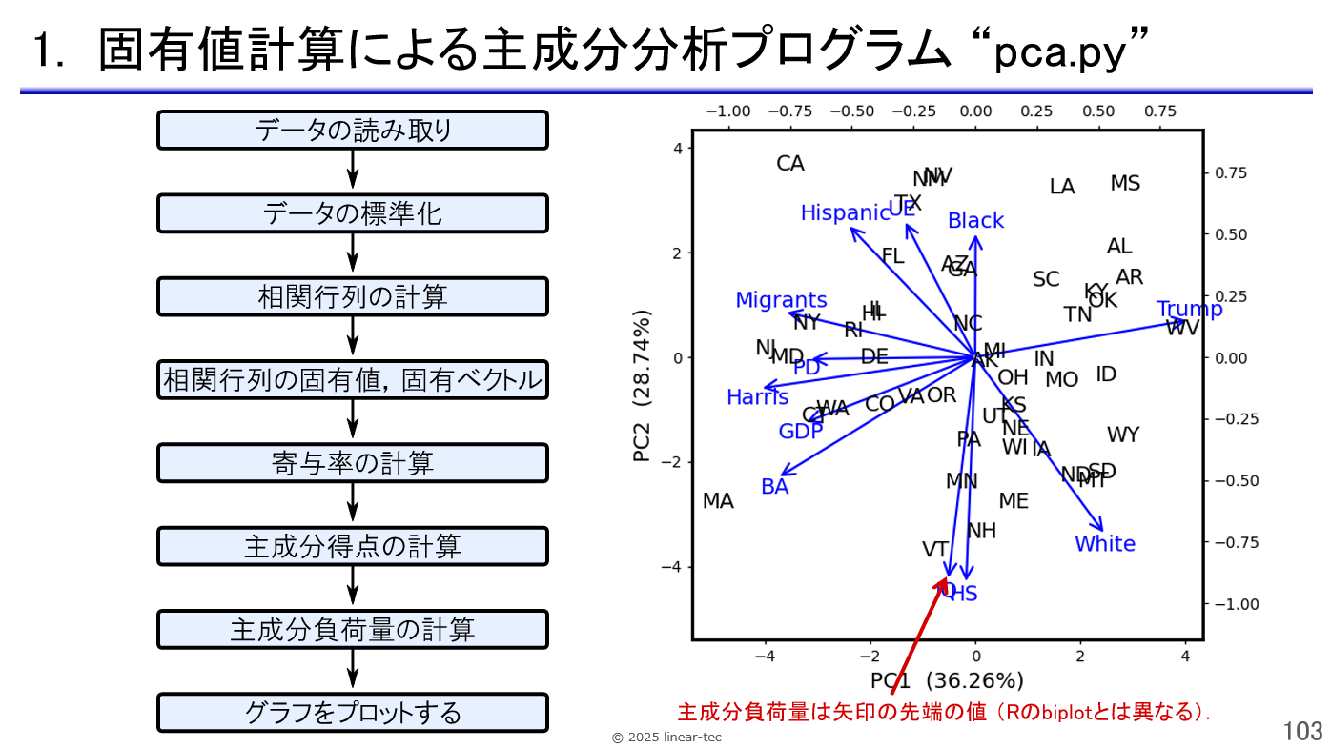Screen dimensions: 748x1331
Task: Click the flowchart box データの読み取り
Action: tap(353, 131)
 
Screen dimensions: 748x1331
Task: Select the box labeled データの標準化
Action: tap(353, 213)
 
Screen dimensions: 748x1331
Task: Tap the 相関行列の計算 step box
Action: tap(353, 296)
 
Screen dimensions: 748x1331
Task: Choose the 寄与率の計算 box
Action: tap(353, 463)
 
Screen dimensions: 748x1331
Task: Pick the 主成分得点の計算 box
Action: tap(353, 546)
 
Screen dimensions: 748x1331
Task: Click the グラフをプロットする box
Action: tap(353, 713)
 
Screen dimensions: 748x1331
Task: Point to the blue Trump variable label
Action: tap(1189, 310)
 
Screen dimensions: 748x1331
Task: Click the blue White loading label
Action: tap(1105, 544)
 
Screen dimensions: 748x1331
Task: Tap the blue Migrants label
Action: tap(781, 301)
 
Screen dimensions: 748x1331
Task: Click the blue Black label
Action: tap(975, 221)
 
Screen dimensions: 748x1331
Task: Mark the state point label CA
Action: tap(790, 164)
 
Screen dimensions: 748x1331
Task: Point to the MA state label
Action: tap(718, 501)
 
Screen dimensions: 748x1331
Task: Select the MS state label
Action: tap(1125, 184)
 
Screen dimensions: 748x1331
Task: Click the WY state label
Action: tap(1123, 435)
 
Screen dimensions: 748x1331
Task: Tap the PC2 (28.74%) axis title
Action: tap(643, 386)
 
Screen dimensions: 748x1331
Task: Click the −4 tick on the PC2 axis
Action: tap(674, 567)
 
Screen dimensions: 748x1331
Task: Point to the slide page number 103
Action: tap(1303, 731)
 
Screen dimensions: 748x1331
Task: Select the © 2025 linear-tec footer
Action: tap(665, 738)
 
